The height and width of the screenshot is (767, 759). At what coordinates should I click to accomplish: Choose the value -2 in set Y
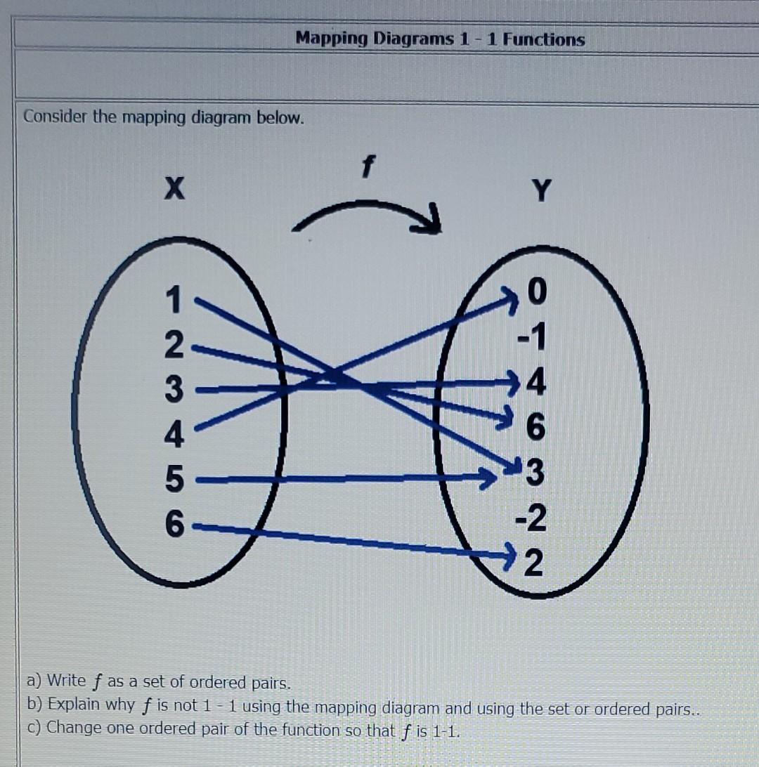[x=531, y=520]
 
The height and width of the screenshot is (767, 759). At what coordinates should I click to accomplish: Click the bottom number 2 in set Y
[x=536, y=564]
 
